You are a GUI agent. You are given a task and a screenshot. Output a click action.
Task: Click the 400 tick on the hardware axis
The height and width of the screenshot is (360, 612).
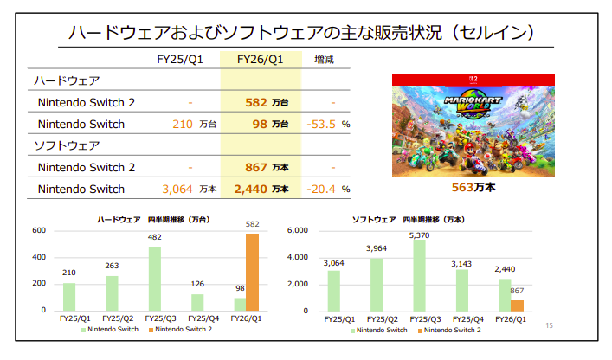pyautogui.click(x=39, y=257)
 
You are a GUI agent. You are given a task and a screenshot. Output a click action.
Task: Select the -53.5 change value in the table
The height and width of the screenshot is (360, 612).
pyautogui.click(x=321, y=125)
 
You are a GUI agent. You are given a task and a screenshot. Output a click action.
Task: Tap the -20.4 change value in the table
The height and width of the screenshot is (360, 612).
pyautogui.click(x=321, y=190)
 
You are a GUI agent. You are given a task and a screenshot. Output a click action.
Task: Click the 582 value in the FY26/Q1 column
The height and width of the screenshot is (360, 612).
pyautogui.click(x=255, y=102)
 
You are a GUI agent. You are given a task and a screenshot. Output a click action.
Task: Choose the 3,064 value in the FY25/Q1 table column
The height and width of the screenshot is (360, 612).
pyautogui.click(x=177, y=190)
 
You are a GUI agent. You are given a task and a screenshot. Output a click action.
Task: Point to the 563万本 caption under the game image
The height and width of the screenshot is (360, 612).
pyautogui.click(x=473, y=186)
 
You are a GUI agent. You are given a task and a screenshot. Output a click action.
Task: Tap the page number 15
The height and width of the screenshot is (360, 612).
pyautogui.click(x=549, y=325)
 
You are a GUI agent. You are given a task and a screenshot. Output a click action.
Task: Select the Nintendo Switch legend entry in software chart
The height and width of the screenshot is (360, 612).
pyautogui.click(x=377, y=330)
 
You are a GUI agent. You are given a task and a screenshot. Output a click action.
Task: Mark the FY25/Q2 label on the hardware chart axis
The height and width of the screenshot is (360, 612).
pyautogui.click(x=114, y=318)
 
